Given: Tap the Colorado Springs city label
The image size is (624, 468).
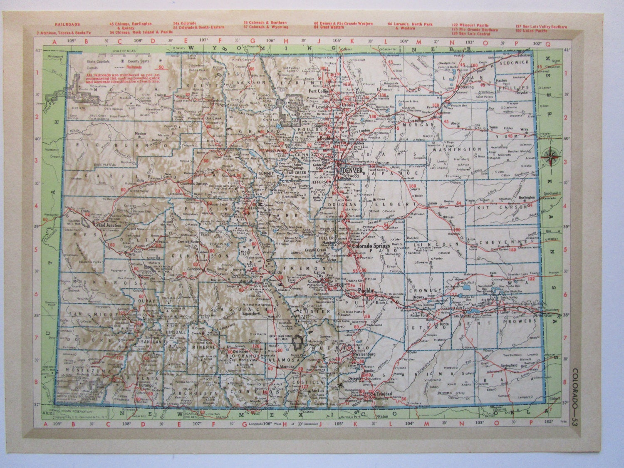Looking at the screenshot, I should (x=371, y=246).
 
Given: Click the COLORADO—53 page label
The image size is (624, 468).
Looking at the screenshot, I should (x=574, y=395).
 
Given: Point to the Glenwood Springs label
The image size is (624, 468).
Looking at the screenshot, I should (x=194, y=183).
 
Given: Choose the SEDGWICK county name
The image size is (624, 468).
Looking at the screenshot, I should (x=515, y=62).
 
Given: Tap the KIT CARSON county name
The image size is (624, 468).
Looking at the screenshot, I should (x=497, y=207).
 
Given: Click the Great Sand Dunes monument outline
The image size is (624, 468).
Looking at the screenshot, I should (x=298, y=342).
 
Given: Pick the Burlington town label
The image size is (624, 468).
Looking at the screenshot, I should (x=526, y=198).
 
